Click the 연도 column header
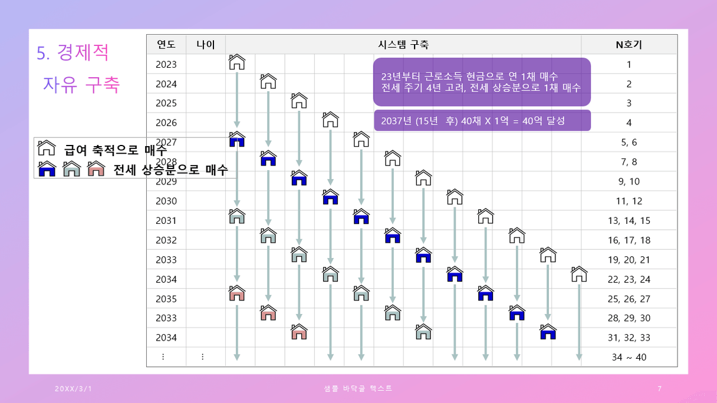coord(166,45)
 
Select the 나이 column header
coord(205,45)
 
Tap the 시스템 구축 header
coord(403,45)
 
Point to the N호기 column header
coord(629,45)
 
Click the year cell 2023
coord(166,64)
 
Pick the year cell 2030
coord(166,201)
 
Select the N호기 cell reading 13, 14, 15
coord(629,220)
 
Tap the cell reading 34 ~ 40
coord(629,357)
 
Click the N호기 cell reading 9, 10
coord(629,181)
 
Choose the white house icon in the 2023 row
coord(237,61)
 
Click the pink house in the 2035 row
coord(237,293)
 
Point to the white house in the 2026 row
coord(331,119)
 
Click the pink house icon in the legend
coord(96,169)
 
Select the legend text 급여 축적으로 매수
coord(116,151)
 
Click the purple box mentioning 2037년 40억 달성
coord(482,121)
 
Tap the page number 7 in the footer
coord(659,388)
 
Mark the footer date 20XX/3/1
coord(74,389)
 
